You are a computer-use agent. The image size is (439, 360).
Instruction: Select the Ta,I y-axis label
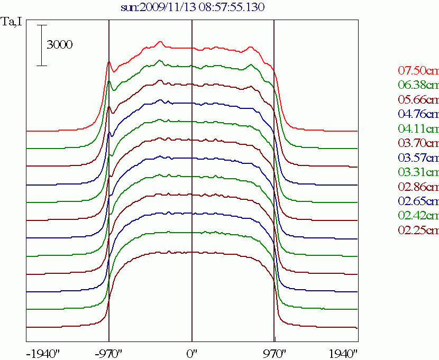click(x=12, y=23)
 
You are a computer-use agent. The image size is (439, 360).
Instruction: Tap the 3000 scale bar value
click(x=59, y=45)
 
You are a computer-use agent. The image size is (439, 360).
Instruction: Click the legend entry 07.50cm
click(x=418, y=70)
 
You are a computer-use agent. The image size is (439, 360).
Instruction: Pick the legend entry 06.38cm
click(x=418, y=85)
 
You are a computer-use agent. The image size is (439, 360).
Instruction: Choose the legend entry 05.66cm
click(x=418, y=99)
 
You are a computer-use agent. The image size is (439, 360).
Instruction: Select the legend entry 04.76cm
click(x=418, y=114)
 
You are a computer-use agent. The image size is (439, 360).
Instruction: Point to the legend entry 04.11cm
click(x=418, y=128)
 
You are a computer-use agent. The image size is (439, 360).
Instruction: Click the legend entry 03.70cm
click(x=418, y=143)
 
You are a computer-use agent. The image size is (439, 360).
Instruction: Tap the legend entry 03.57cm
click(x=418, y=158)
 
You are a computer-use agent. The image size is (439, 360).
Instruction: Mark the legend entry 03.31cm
click(x=418, y=172)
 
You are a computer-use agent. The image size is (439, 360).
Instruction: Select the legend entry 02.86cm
click(x=418, y=187)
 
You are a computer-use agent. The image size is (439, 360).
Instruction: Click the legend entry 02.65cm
click(x=418, y=201)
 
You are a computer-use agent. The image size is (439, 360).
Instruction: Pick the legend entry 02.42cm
click(x=418, y=216)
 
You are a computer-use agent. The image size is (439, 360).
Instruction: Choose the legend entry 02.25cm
click(x=418, y=230)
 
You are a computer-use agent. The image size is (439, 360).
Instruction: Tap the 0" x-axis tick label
click(x=192, y=353)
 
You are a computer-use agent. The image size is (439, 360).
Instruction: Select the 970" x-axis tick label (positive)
click(x=275, y=353)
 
